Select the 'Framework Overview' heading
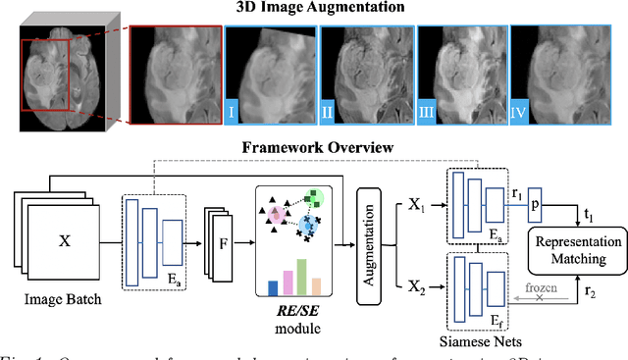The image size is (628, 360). coord(312,148)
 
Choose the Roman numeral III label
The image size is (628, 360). coord(425,113)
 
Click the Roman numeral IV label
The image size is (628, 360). coord(520,113)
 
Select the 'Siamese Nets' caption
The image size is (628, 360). coord(483,341)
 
